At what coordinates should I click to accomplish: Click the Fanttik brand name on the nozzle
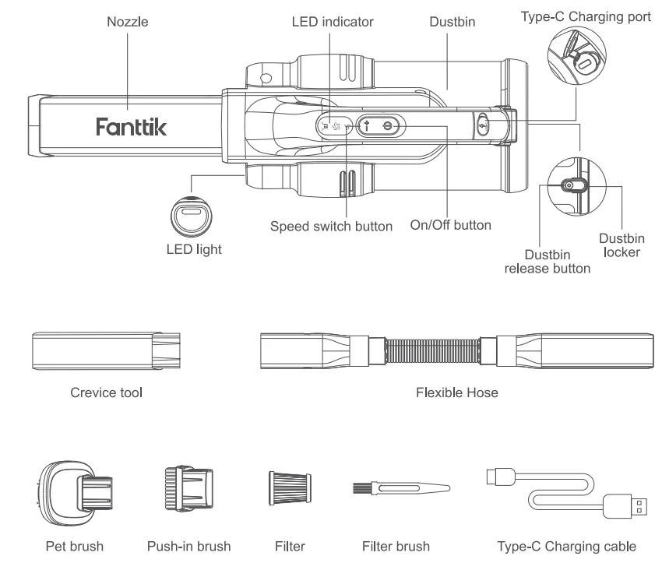tap(132, 126)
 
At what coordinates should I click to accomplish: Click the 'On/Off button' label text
tap(450, 227)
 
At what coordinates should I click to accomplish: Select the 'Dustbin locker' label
tap(621, 248)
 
